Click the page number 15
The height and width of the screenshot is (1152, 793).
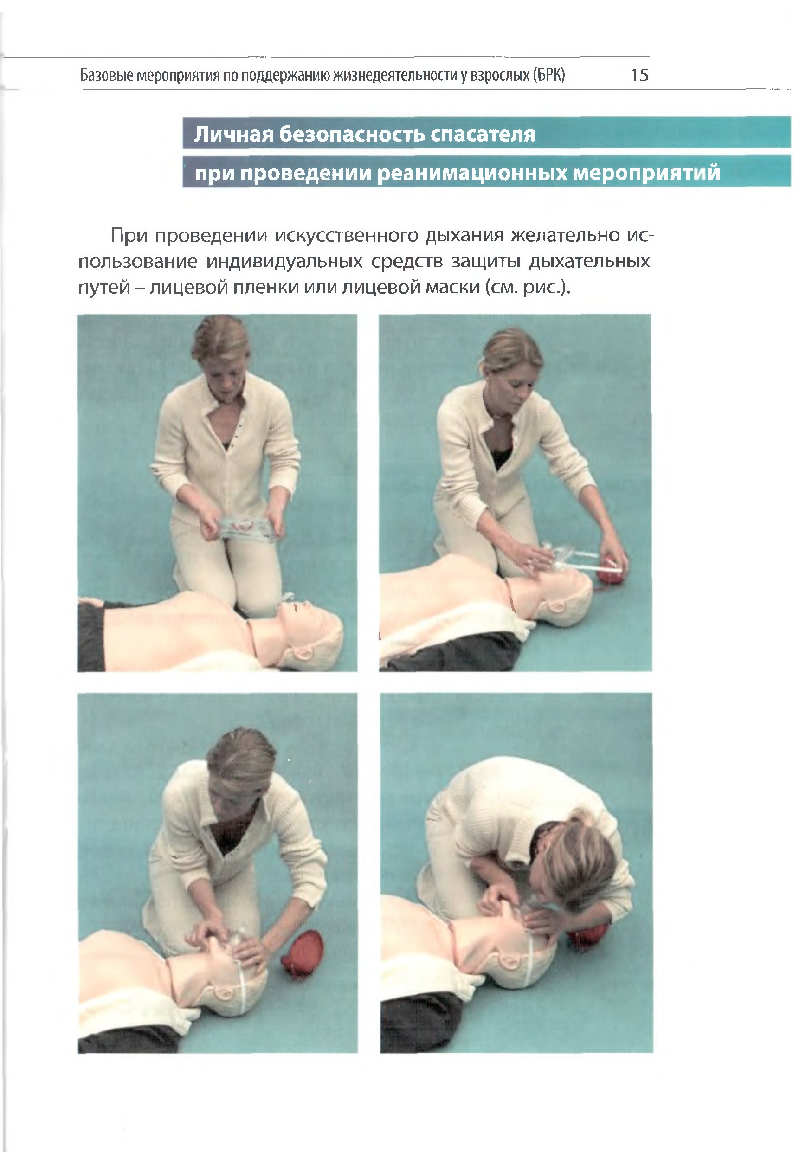639,75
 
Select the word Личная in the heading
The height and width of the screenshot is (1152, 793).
233,134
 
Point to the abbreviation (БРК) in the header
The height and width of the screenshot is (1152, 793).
548,75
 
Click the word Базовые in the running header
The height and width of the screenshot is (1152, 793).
106,76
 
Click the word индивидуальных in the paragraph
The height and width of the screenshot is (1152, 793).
284,262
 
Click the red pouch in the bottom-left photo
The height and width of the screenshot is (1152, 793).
302,954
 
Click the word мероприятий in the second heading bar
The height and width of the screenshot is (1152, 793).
646,174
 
